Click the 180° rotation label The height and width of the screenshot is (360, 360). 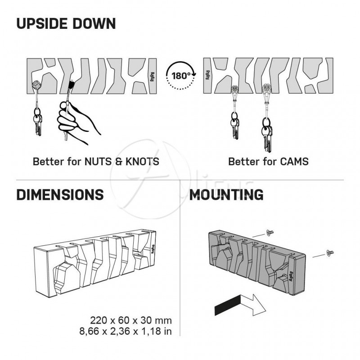[181, 76]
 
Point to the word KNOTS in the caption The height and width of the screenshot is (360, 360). [142, 162]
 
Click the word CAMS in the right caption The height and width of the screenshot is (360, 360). [294, 162]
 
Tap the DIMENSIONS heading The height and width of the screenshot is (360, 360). [60, 195]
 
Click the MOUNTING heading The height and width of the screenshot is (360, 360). [226, 195]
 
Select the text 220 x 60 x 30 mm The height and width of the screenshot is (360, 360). [131, 320]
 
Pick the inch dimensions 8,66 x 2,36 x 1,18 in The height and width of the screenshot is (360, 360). [126, 331]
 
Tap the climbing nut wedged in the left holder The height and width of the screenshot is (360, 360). [36, 85]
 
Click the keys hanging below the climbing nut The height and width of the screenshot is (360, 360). [38, 121]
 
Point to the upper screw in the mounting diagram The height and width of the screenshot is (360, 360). [270, 233]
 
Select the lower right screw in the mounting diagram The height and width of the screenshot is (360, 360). [330, 253]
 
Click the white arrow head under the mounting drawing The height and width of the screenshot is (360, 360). [257, 305]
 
